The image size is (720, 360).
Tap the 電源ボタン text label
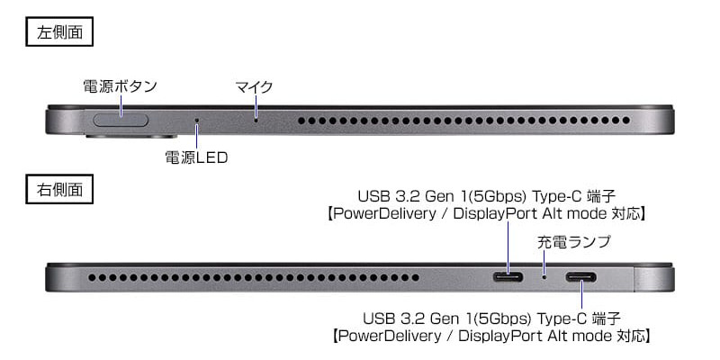tap(121, 86)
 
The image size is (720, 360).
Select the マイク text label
tap(254, 86)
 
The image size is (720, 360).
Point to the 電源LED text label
tap(196, 158)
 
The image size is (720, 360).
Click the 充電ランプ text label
tap(574, 241)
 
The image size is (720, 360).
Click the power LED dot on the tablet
tap(197, 120)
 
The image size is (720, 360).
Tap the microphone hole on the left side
tap(256, 120)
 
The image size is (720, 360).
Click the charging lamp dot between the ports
tap(544, 274)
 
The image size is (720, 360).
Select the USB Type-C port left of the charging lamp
tap(508, 274)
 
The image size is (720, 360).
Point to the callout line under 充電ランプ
tap(544, 260)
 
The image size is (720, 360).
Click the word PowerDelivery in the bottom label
tap(385, 337)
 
